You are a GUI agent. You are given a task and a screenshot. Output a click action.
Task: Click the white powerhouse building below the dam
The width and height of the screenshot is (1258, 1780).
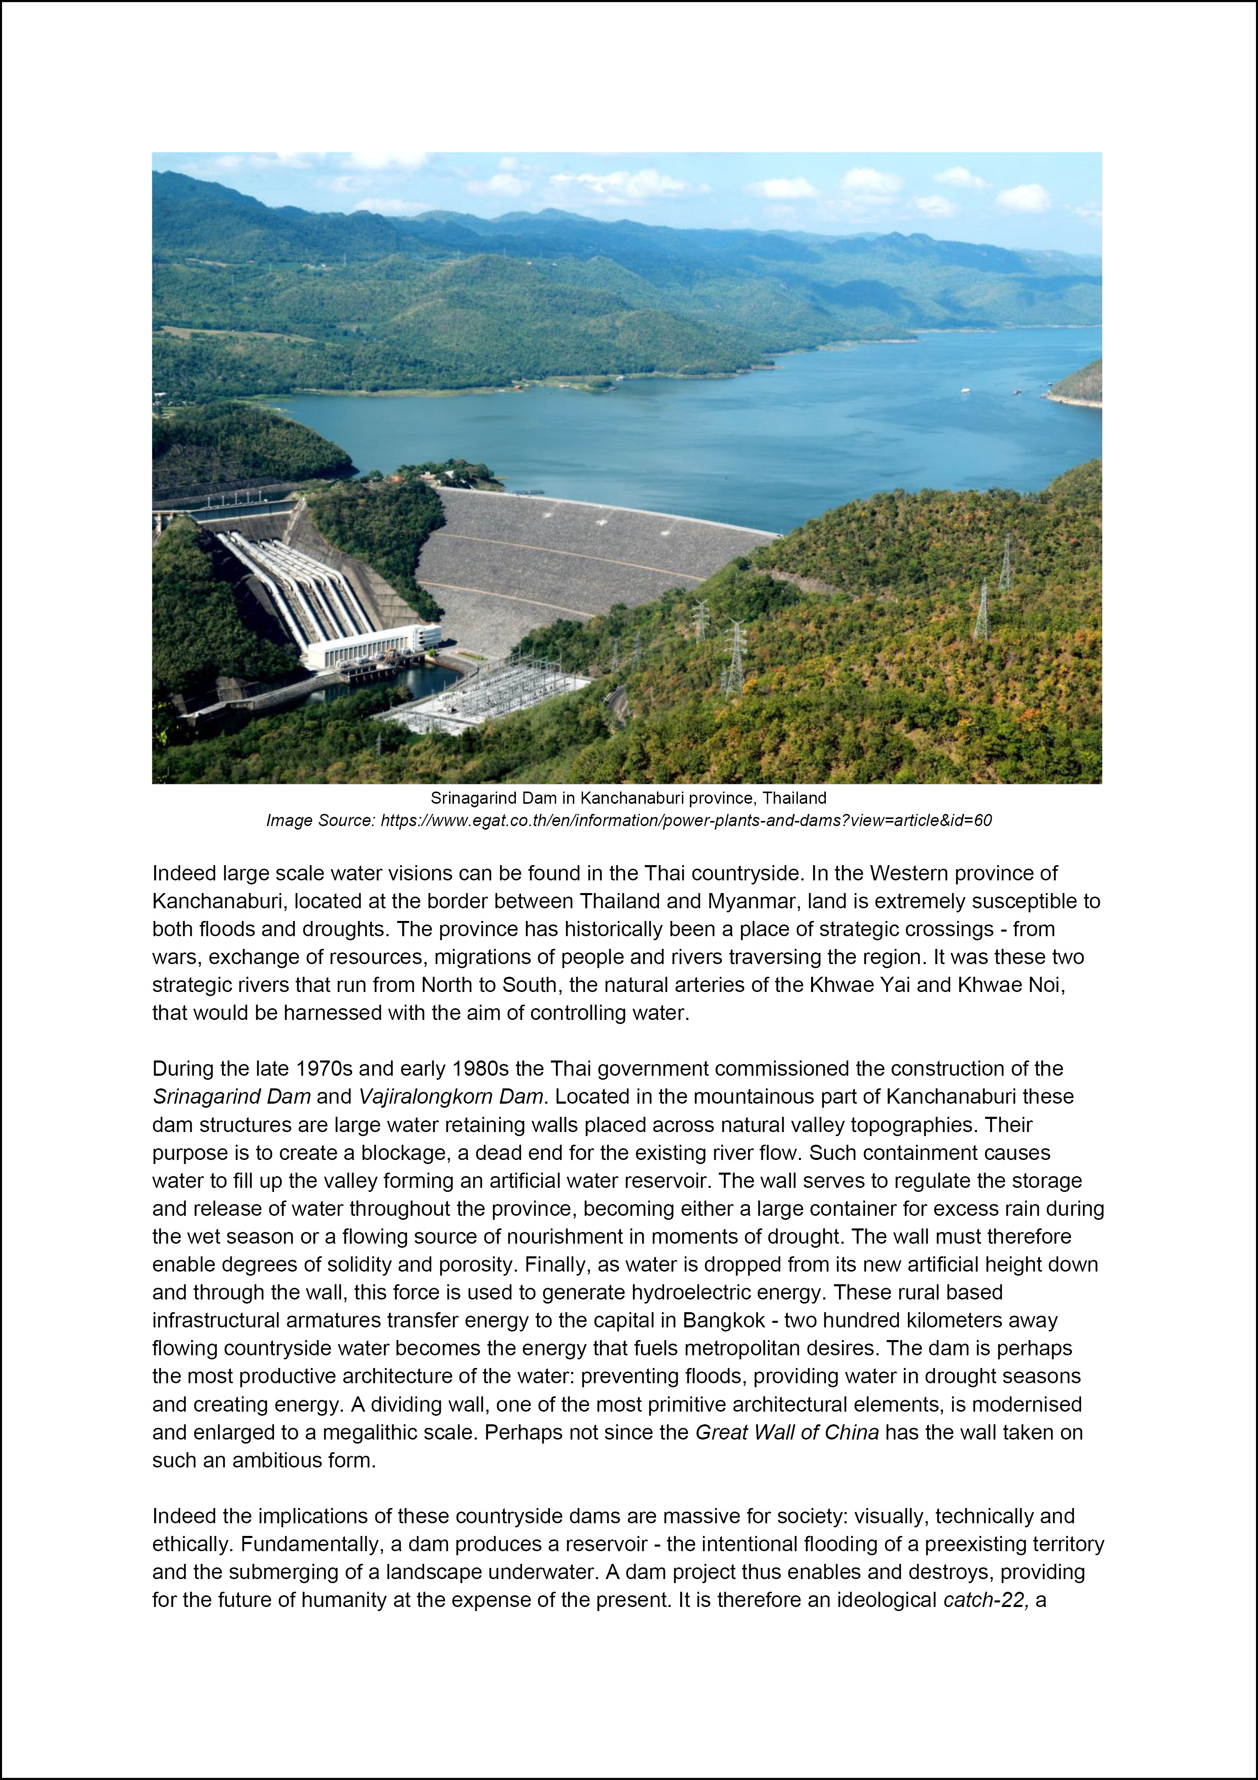point(372,646)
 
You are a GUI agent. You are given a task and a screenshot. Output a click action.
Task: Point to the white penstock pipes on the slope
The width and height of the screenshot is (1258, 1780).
point(295,581)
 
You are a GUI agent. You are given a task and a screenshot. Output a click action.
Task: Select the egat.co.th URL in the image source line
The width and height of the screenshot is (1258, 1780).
point(686,820)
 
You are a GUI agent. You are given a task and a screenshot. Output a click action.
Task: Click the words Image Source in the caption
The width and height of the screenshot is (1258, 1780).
point(320,820)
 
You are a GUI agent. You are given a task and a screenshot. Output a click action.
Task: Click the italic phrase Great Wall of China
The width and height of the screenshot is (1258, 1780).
point(787,1432)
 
